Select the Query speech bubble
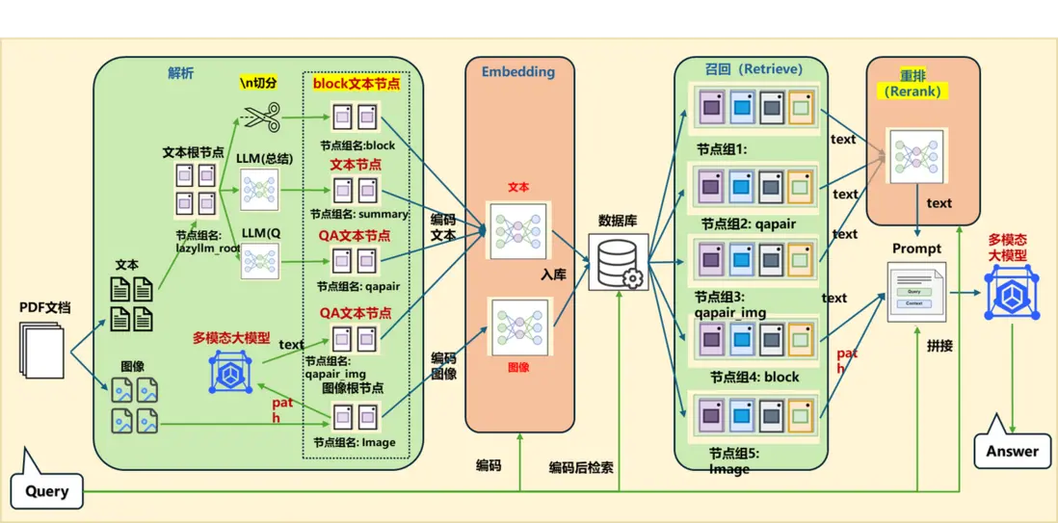click(x=46, y=491)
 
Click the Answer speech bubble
click(x=1012, y=451)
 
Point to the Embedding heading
click(x=518, y=71)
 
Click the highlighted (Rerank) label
click(x=913, y=92)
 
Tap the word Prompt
click(x=916, y=248)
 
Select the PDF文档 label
click(x=45, y=308)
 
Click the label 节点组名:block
click(x=357, y=145)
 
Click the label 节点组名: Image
click(x=354, y=442)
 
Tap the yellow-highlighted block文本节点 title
click(x=357, y=84)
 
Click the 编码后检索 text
click(x=581, y=467)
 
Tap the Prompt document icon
click(x=915, y=293)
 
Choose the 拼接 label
click(x=939, y=345)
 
